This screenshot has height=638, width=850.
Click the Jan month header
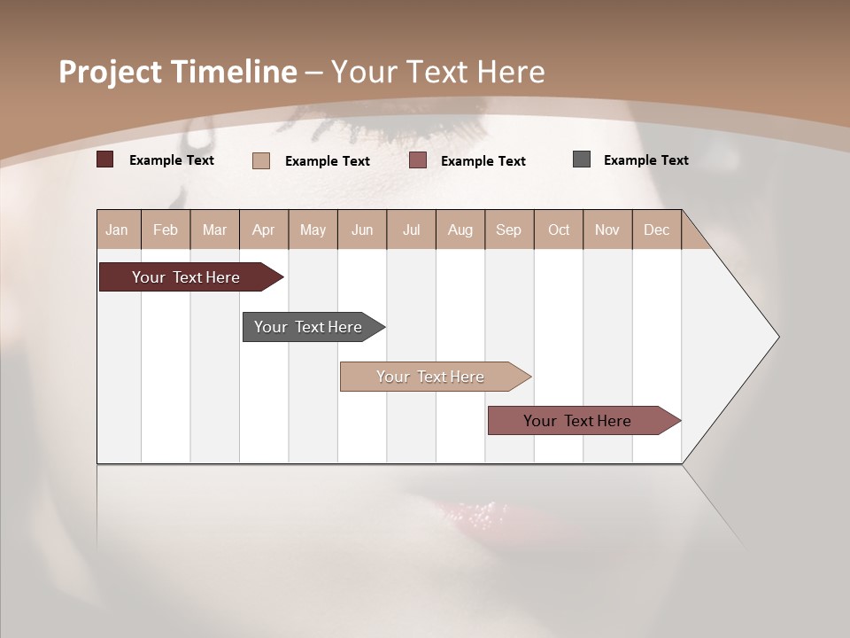[x=117, y=230]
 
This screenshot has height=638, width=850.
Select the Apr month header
[x=263, y=230]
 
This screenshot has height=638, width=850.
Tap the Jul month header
[x=411, y=230]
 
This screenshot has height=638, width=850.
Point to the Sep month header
[x=508, y=230]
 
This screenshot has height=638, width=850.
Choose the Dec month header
[x=656, y=230]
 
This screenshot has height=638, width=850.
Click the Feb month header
[x=166, y=230]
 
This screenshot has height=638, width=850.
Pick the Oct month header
[x=559, y=230]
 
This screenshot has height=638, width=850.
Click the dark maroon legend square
[x=105, y=159]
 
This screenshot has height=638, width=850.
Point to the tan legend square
[x=261, y=160]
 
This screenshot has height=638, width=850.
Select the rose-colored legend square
[x=418, y=160]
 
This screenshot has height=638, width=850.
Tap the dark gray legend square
[x=582, y=159]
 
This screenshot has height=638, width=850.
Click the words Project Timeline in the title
[x=178, y=72]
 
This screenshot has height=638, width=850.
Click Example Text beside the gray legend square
[x=645, y=160]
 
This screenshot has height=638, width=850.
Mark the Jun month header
[x=362, y=230]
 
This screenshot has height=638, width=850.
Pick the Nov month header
[x=607, y=230]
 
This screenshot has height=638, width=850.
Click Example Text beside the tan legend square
[x=327, y=161]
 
